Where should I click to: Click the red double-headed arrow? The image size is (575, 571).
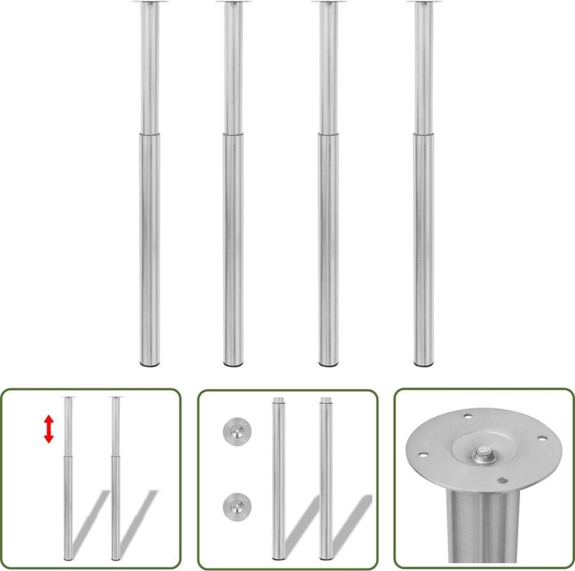tap(49, 429)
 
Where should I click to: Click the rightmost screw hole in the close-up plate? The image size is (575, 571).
tap(543, 439)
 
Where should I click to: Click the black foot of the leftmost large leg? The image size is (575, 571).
tap(149, 365)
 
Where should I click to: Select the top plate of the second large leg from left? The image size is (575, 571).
tap(233, 3)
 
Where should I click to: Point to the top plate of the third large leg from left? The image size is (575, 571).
tap(328, 3)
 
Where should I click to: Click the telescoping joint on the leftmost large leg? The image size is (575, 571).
tap(149, 134)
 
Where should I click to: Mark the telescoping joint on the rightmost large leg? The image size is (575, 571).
tap(423, 134)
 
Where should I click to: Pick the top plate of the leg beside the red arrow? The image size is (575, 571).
tap(68, 399)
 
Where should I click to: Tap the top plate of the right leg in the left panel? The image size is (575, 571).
tap(115, 399)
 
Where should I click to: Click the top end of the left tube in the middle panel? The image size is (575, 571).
tap(279, 401)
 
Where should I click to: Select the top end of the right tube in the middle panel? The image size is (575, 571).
tap(326, 401)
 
